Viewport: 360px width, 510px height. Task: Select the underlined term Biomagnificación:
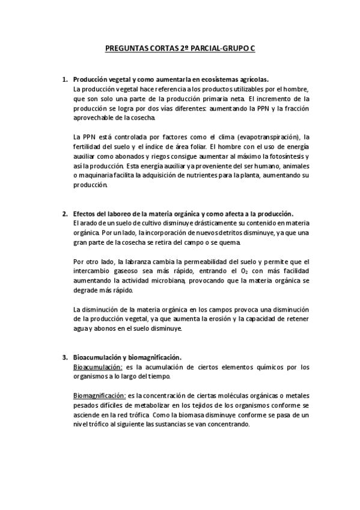coord(99,396)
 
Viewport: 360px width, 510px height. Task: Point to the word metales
coord(296,396)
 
